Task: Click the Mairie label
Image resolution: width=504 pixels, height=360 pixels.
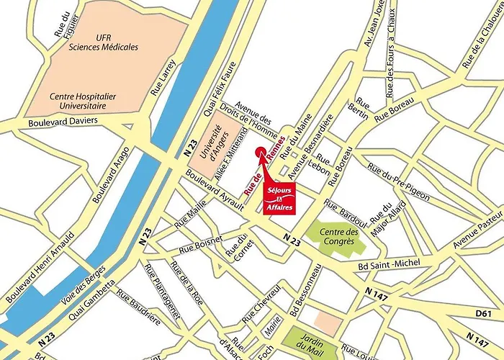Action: tap(271, 334)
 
